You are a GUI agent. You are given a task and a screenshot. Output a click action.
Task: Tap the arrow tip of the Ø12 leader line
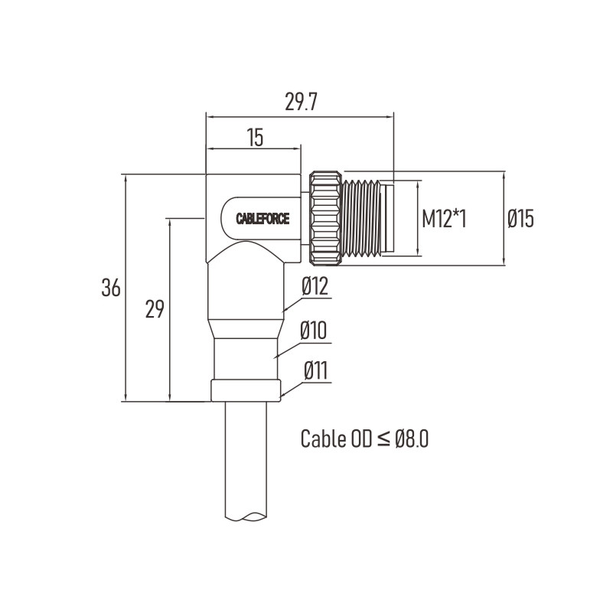point(282,312)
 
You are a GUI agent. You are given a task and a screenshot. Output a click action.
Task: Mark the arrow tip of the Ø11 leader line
point(280,396)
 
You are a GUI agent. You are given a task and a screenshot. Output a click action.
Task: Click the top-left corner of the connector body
point(207,174)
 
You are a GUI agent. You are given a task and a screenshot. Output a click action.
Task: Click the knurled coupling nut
point(326,218)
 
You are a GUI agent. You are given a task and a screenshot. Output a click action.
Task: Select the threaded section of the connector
point(362,218)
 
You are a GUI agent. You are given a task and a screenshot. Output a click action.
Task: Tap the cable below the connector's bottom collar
point(246,461)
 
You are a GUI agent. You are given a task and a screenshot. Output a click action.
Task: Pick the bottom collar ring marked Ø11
point(246,390)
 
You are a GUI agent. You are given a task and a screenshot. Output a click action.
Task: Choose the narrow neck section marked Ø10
point(246,359)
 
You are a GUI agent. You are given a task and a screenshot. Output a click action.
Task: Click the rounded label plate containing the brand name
point(261,218)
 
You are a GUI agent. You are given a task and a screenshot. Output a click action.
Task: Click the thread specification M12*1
point(444,219)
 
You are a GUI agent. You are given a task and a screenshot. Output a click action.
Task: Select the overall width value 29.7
point(300,102)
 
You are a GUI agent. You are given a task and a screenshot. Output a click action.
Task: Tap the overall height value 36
point(111,288)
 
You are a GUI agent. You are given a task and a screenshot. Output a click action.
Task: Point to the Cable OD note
point(364,439)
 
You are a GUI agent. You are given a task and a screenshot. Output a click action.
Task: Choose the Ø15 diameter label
point(520,219)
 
